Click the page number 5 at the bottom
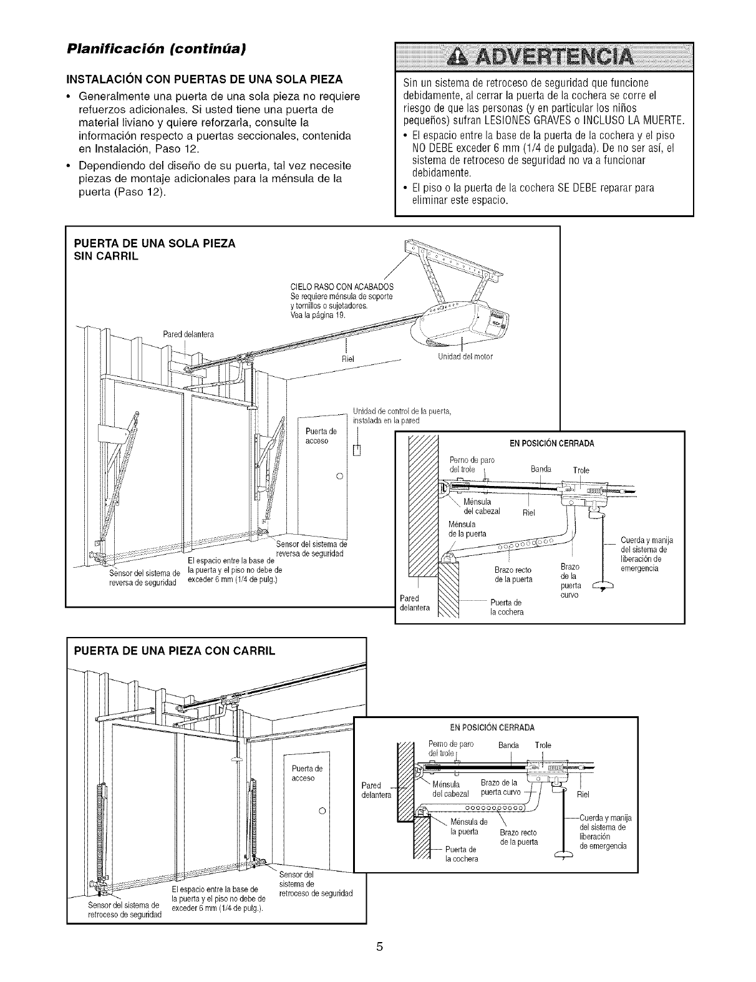tap(378, 946)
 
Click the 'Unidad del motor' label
tap(466, 357)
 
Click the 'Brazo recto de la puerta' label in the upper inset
tap(513, 575)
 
